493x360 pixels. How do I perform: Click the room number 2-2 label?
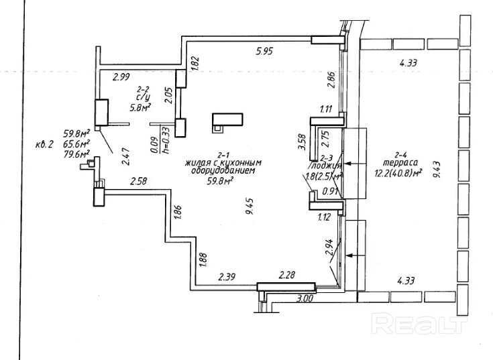click(x=142, y=88)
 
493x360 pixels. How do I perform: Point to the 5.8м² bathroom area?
click(x=140, y=106)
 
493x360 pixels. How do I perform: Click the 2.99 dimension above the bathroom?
click(x=121, y=77)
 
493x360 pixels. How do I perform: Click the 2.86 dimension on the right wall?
click(x=329, y=80)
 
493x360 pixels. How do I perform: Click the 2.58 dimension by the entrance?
click(x=138, y=182)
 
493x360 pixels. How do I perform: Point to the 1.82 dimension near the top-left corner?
click(x=196, y=64)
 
